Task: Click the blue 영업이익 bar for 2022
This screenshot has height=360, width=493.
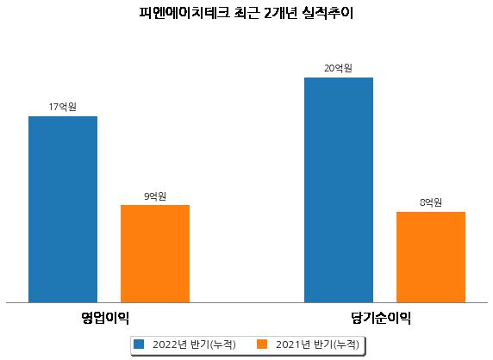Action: point(63,209)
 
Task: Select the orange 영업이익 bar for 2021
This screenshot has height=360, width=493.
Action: point(155,254)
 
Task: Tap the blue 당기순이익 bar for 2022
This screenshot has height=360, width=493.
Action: point(339,190)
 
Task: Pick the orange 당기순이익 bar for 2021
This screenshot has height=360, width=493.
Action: point(431,258)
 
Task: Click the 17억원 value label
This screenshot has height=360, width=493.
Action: point(63,107)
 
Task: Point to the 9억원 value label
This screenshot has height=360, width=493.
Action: point(155,196)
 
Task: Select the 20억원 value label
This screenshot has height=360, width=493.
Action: point(339,68)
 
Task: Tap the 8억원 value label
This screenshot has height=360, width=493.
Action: point(431,202)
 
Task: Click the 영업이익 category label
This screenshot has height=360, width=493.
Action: point(105,318)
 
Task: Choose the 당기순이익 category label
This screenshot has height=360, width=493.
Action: point(381,318)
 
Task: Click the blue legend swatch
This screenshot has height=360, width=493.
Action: point(139,344)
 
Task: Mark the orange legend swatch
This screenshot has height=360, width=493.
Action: point(262,344)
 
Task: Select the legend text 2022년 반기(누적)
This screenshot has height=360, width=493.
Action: point(194,344)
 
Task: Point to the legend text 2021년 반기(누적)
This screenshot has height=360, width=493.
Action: point(317,344)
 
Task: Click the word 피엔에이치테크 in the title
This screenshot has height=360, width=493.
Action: point(184,13)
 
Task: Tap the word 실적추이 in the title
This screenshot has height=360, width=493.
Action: point(328,13)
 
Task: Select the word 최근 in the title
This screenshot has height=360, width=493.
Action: point(246,13)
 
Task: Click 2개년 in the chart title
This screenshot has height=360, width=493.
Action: point(280,13)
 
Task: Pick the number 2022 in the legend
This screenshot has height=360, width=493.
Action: point(165,344)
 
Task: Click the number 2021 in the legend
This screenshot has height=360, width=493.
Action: point(288,344)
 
